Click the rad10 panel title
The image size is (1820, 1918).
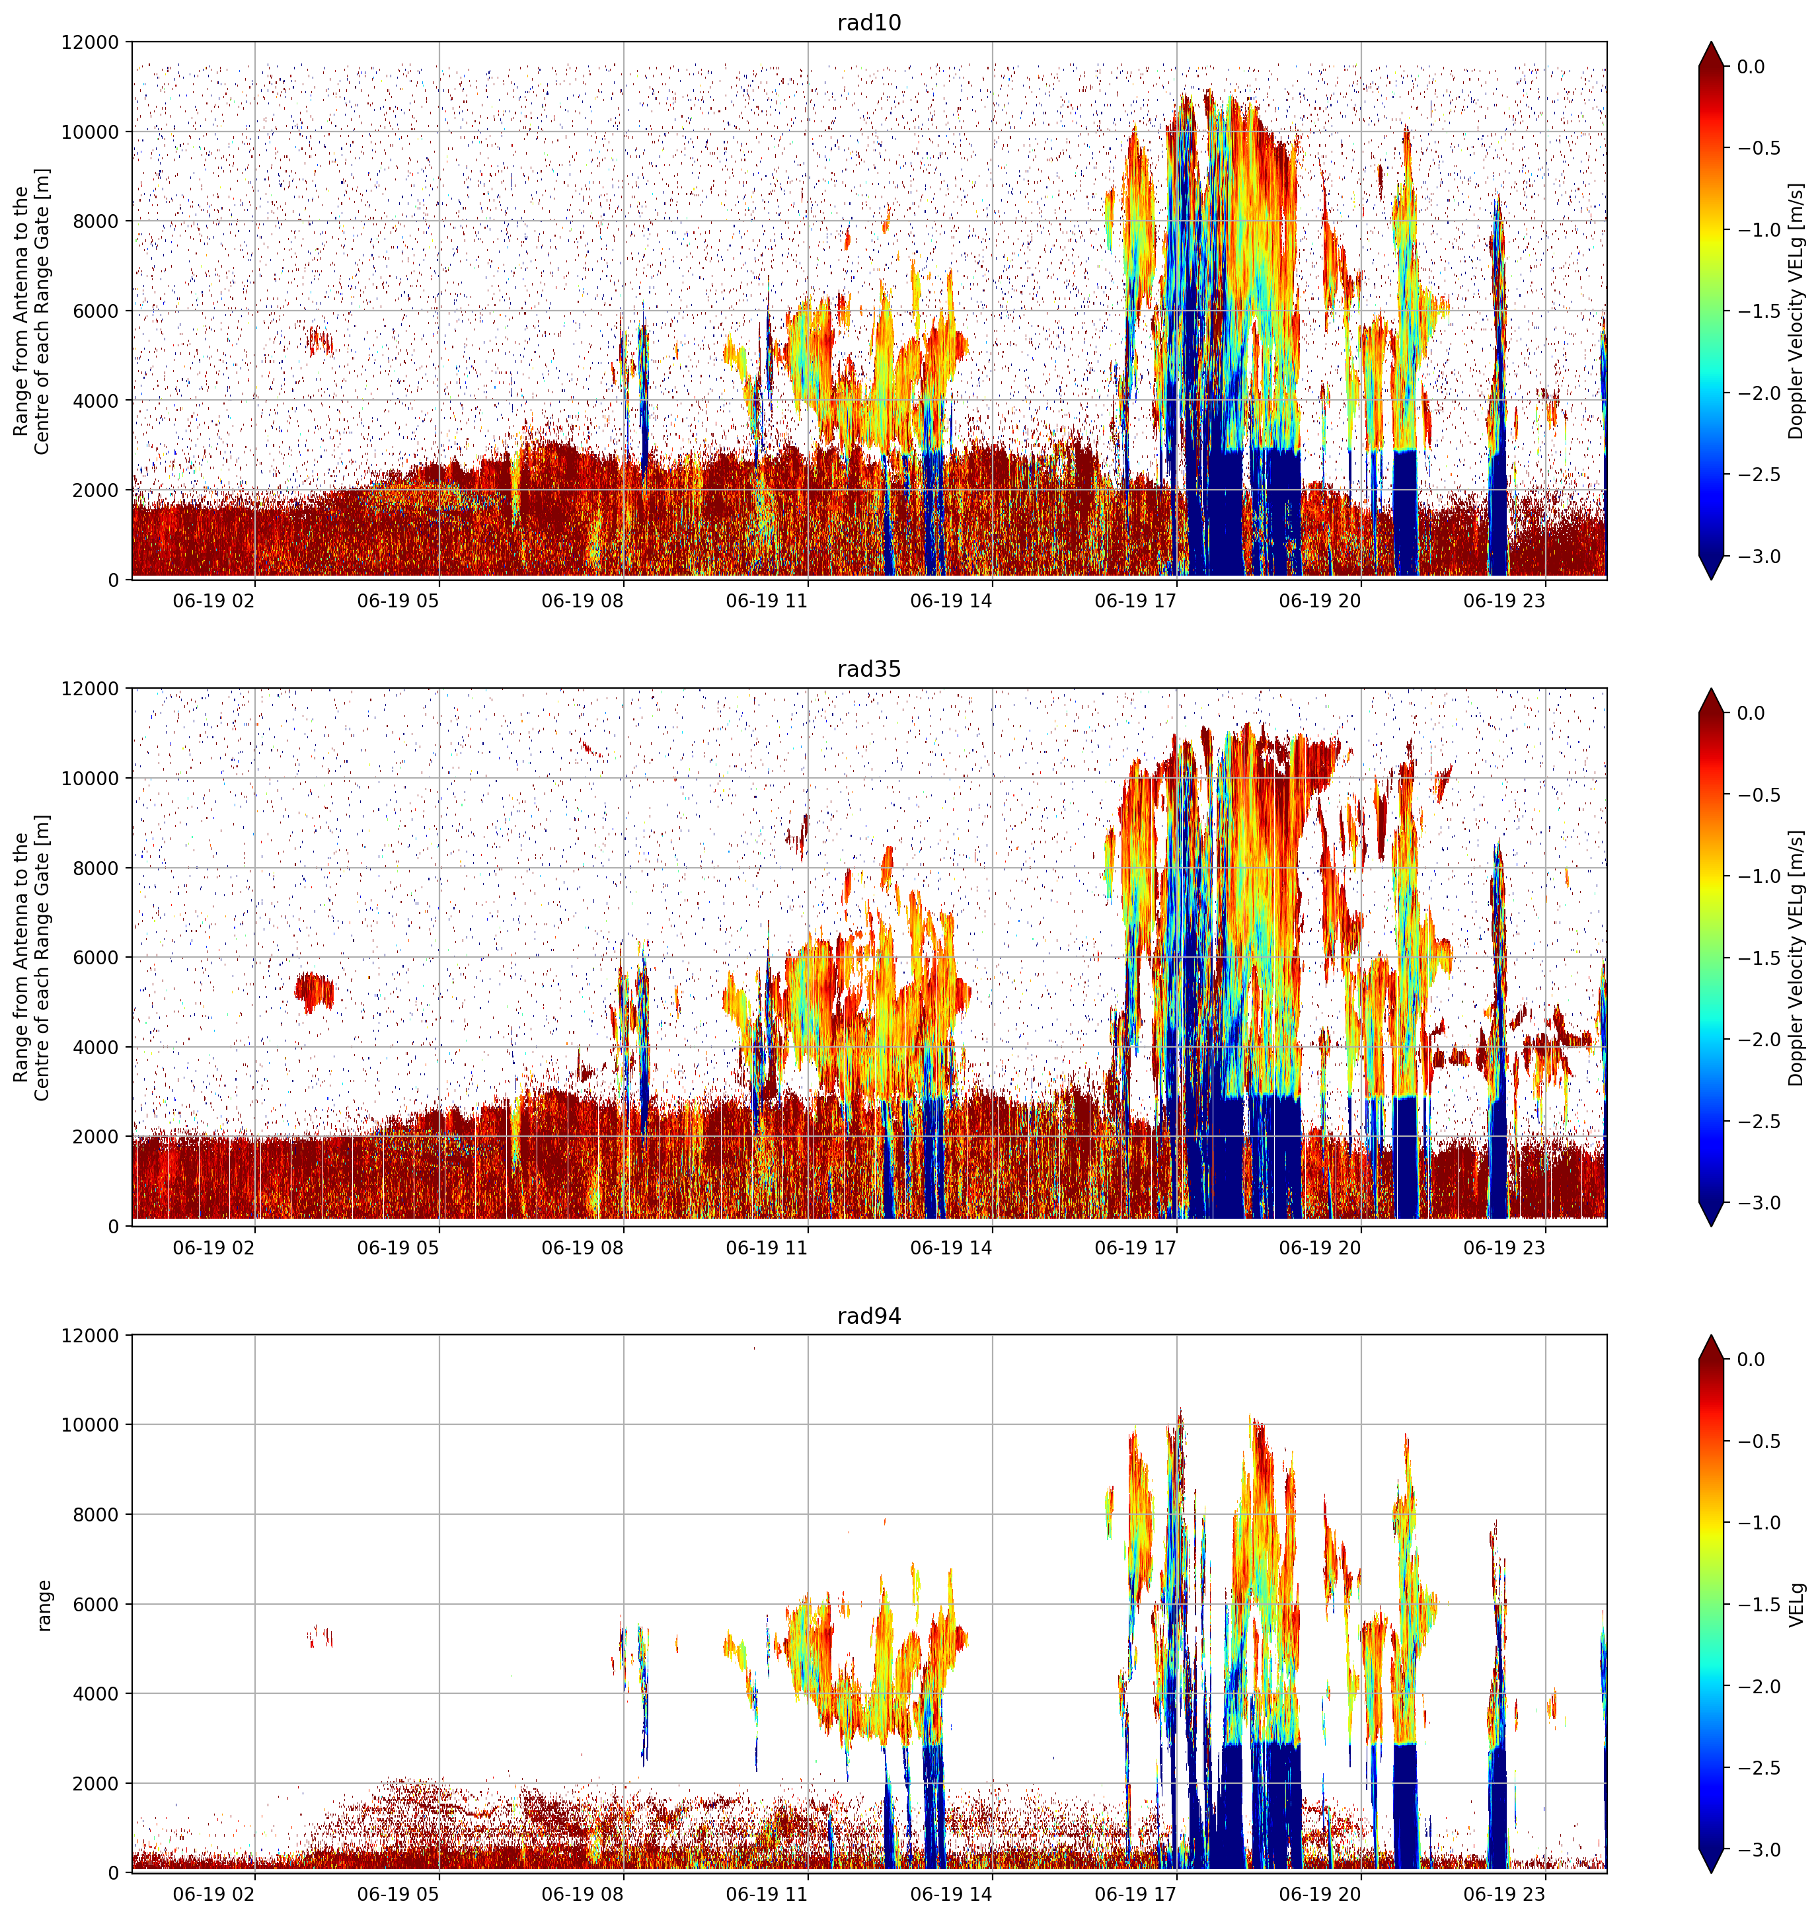[868, 22]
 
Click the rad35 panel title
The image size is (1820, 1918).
[868, 670]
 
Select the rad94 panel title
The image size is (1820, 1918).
[868, 1317]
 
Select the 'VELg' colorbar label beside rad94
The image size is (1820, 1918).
[1798, 1605]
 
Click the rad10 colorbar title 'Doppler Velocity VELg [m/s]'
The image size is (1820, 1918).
[1797, 311]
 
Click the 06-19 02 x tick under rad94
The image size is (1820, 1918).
[213, 1894]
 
